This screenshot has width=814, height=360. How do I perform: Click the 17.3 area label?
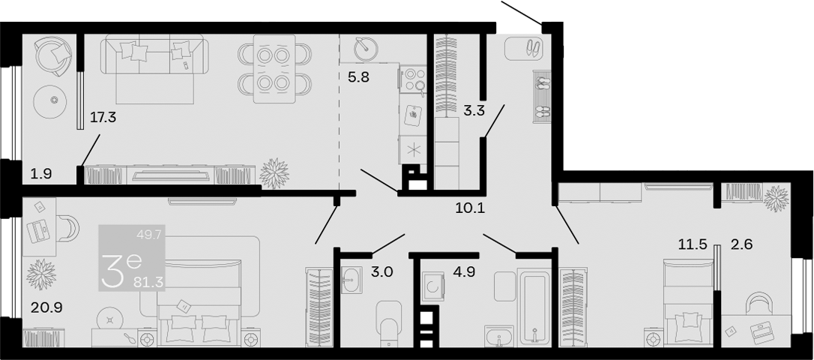pyautogui.click(x=103, y=118)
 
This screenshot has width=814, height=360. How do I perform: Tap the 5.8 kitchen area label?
pyautogui.click(x=359, y=79)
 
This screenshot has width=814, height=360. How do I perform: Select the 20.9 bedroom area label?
pyautogui.click(x=46, y=308)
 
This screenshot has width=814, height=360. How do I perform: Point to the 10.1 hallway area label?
pyautogui.click(x=471, y=208)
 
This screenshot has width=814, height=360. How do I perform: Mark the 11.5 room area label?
pyautogui.click(x=693, y=244)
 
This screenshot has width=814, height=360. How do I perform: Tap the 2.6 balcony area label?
pyautogui.click(x=741, y=244)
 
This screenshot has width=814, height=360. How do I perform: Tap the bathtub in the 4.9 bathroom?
pyautogui.click(x=534, y=308)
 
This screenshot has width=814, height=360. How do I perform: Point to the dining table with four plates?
pyautogui.click(x=274, y=69)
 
